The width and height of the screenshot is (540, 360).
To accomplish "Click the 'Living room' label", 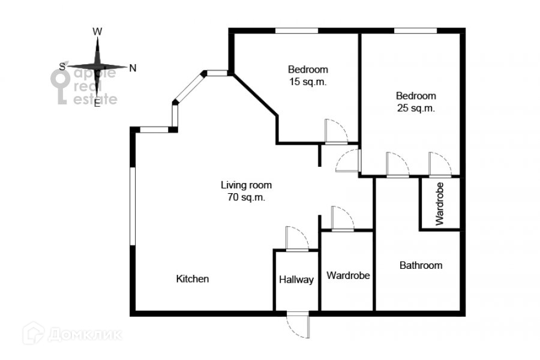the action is (246, 185).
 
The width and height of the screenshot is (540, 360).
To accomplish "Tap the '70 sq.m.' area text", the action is (246, 197).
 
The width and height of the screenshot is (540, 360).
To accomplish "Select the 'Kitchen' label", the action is (192, 279).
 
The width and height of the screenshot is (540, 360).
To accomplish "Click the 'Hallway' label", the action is (296, 280).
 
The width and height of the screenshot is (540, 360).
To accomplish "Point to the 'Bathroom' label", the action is (421, 265).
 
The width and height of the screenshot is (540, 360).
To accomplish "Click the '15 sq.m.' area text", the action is (307, 83).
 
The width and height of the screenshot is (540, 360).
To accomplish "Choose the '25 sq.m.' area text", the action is (415, 109).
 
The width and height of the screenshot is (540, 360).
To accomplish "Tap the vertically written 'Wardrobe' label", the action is (440, 204).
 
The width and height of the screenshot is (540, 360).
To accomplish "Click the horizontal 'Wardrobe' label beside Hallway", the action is (348, 275).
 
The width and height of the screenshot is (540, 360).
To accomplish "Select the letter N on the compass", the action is (133, 68).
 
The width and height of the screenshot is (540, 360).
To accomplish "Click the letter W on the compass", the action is (98, 31).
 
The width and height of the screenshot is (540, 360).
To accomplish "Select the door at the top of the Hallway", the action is (296, 238).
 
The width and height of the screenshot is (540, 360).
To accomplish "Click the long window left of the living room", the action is (133, 205).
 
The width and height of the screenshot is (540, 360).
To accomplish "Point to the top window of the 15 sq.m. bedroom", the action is (296, 31).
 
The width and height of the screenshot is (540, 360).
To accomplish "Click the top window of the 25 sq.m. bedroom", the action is (415, 31).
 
